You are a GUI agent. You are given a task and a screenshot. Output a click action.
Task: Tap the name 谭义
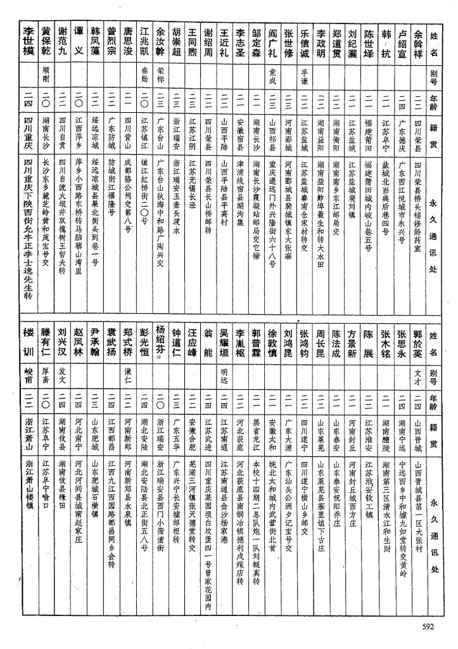pos(79,43)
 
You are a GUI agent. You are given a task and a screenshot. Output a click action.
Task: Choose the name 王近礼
pos(224,43)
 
